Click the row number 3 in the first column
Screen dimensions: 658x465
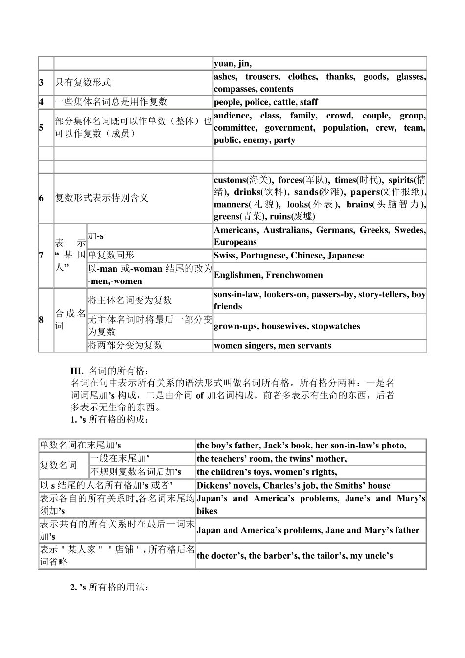point(42,83)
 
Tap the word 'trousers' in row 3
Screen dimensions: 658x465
point(262,77)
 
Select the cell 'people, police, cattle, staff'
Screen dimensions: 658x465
point(266,102)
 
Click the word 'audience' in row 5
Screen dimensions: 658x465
point(232,116)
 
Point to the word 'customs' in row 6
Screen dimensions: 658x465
point(229,180)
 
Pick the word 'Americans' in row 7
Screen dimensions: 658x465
point(236,230)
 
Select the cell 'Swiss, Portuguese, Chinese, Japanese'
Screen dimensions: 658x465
point(289,256)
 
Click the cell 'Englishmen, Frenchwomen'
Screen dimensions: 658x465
point(268,275)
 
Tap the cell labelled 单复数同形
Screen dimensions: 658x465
point(111,256)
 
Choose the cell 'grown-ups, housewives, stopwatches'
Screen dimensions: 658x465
point(287,326)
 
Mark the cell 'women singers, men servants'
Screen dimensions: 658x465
point(272,346)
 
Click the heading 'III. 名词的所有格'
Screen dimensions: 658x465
point(108,371)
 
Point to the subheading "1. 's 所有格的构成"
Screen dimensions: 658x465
point(108,420)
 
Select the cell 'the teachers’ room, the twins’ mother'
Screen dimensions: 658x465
point(272,459)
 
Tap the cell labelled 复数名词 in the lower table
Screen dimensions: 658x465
point(58,465)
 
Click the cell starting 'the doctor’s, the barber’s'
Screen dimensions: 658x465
point(295,556)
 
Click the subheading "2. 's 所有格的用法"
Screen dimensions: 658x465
point(109,587)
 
